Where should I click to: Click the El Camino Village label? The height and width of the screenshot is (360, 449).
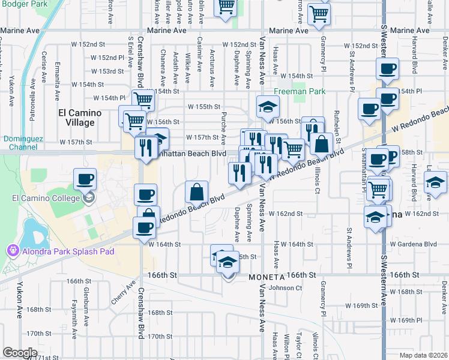[x=76, y=117]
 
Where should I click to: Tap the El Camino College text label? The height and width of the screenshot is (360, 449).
[x=37, y=198]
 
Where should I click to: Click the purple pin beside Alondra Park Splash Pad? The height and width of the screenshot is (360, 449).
[x=12, y=251]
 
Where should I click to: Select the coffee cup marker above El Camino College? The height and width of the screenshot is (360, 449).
[x=85, y=179]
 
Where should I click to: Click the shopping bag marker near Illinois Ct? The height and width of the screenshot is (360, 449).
[x=322, y=144]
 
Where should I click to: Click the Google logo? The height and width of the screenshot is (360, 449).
[x=20, y=352]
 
